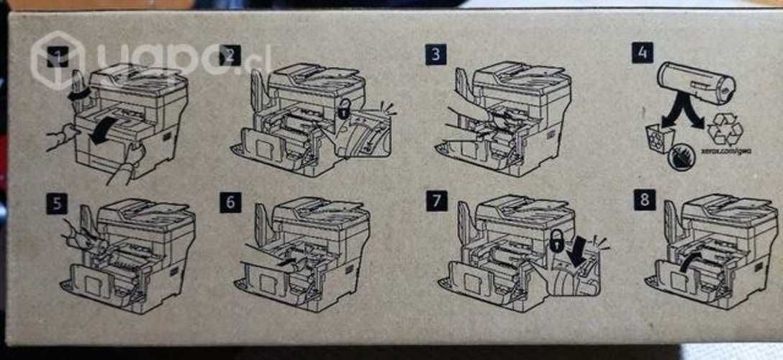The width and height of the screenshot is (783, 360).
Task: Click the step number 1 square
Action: pyautogui.click(x=58, y=56)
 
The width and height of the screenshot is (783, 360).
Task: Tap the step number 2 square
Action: pyautogui.click(x=230, y=55)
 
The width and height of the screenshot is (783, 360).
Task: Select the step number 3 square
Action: pyautogui.click(x=435, y=54)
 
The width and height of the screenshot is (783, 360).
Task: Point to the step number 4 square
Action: pyautogui.click(x=643, y=54)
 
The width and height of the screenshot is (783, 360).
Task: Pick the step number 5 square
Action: pyautogui.click(x=56, y=202)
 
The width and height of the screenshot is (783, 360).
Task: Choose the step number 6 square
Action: pyautogui.click(x=230, y=202)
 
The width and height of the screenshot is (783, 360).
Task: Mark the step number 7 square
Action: pyautogui.click(x=436, y=201)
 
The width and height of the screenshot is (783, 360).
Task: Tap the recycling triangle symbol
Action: pyautogui.click(x=724, y=130)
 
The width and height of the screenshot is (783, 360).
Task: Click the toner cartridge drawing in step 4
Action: pyautogui.click(x=696, y=84)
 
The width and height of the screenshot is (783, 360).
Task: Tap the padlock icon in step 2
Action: pyautogui.click(x=345, y=109)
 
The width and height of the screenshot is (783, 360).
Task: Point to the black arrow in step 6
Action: pyautogui.click(x=287, y=264)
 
